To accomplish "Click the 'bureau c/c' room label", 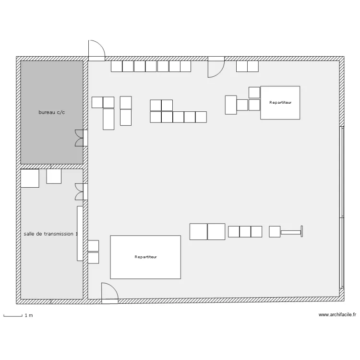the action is [x=52, y=112].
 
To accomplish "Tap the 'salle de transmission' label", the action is [x=50, y=234].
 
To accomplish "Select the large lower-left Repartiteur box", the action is [x=145, y=257].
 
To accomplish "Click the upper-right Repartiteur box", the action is [x=280, y=103].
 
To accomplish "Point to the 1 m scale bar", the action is [x=13, y=316].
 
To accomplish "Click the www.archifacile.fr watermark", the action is [x=337, y=314].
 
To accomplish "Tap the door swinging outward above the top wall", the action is [x=96, y=50].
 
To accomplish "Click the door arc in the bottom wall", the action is [x=110, y=293].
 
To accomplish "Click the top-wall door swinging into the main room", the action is [x=216, y=67].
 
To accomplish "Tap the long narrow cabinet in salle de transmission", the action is [x=80, y=233].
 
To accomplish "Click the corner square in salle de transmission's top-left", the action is [x=30, y=179].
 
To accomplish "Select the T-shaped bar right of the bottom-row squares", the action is [x=291, y=232].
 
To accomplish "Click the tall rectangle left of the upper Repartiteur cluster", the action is [x=231, y=105].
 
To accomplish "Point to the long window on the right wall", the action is [x=342, y=207].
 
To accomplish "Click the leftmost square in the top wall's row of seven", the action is [x=117, y=66].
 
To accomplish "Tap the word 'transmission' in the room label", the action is [x=59, y=234].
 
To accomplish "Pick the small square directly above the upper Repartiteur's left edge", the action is [x=254, y=93].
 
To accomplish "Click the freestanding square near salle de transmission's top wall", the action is [x=54, y=176].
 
